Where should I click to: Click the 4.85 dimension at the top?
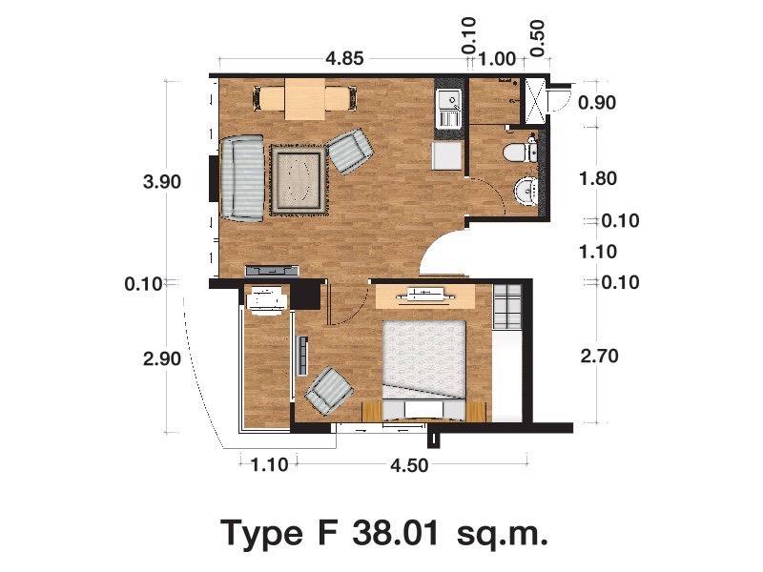coord(344,59)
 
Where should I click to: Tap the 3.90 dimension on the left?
coord(162,182)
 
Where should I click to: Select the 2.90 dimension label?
coord(162,359)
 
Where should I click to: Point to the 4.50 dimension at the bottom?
coord(409,465)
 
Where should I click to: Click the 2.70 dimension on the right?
coord(599,356)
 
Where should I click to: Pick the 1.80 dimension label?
coord(598,178)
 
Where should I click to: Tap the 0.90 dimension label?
coord(597,103)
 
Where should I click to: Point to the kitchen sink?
coord(449,108)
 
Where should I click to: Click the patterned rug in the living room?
coord(299,181)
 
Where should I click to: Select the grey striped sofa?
coord(242,178)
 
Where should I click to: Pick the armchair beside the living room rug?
coord(350,151)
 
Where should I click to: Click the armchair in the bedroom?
coord(329,391)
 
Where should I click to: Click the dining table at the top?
coord(305,99)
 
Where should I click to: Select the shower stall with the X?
coord(535,100)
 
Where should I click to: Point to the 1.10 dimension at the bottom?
coord(269,465)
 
